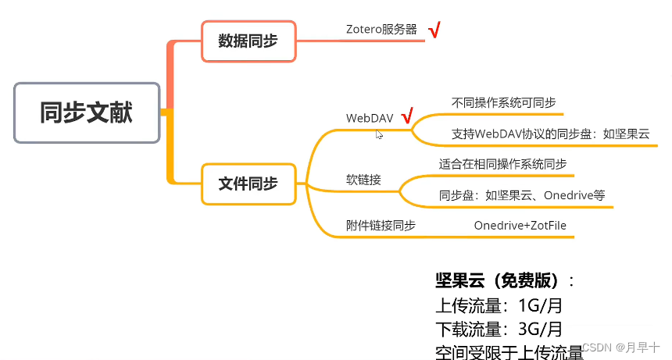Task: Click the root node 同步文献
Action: click(87, 112)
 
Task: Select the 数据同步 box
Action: click(248, 41)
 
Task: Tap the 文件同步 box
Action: click(248, 184)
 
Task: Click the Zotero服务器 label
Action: click(381, 29)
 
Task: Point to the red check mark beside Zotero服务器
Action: click(434, 30)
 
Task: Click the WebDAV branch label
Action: click(370, 118)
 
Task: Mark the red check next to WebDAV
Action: click(406, 117)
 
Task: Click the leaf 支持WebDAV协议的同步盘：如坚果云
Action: click(550, 134)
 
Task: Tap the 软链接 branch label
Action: click(363, 180)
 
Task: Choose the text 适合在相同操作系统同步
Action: click(502, 165)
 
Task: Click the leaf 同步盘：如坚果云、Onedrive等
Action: click(522, 195)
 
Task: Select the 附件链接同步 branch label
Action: click(381, 226)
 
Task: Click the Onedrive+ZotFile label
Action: click(520, 226)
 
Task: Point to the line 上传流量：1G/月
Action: click(494, 305)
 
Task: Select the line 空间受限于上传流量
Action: click(509, 351)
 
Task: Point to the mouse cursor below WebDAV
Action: click(379, 134)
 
